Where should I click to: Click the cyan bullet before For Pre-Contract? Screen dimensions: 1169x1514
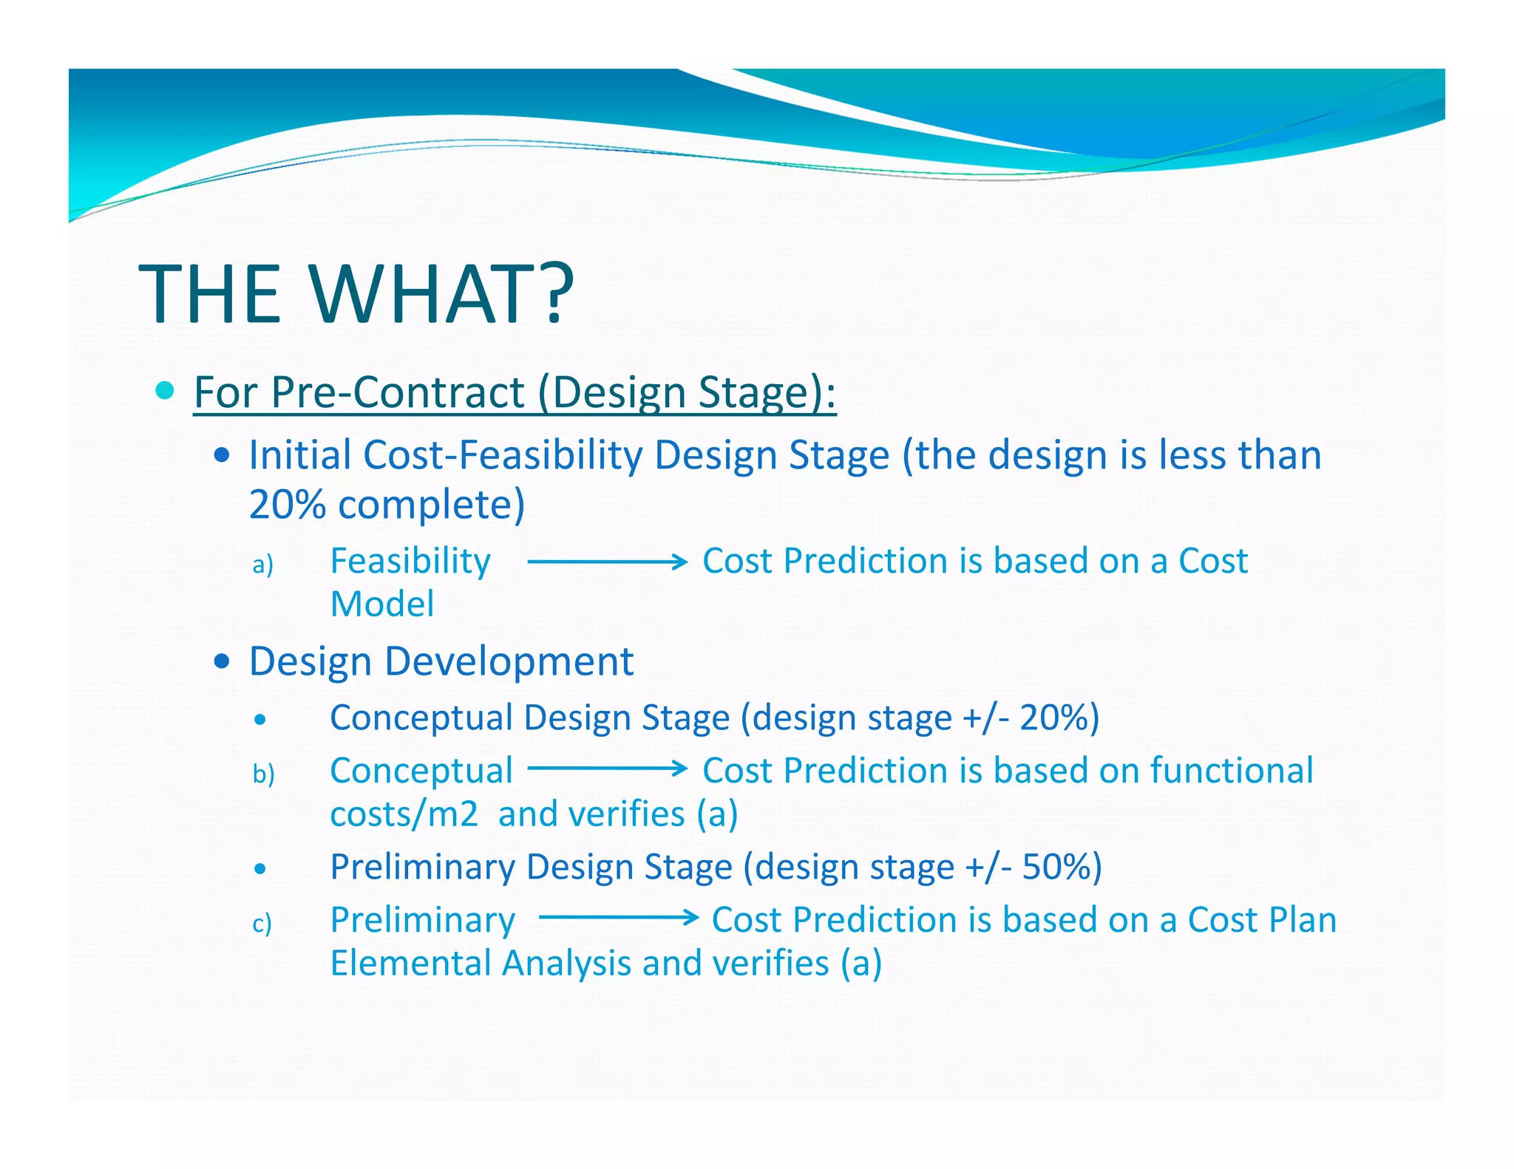[x=166, y=390]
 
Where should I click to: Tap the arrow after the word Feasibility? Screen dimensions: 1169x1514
[x=607, y=562]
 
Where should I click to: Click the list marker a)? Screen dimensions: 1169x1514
[x=262, y=565]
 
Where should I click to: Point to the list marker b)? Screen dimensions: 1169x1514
[x=263, y=774]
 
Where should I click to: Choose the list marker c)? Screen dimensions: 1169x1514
[x=262, y=924]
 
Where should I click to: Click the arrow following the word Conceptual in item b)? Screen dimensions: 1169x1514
[x=607, y=769]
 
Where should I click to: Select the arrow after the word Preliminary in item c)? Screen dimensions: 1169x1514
[x=618, y=918]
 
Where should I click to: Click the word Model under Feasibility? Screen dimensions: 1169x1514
[x=381, y=604]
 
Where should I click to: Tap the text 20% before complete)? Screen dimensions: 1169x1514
[x=287, y=505]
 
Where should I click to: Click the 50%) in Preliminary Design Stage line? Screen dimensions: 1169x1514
[x=1062, y=867]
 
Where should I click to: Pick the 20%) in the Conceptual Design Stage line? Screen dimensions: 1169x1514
[x=1059, y=718]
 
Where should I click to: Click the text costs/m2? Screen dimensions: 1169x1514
[x=404, y=814]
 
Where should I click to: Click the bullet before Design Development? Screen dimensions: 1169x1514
[x=221, y=661]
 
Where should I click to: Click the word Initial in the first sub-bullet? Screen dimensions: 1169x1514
[x=300, y=455]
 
